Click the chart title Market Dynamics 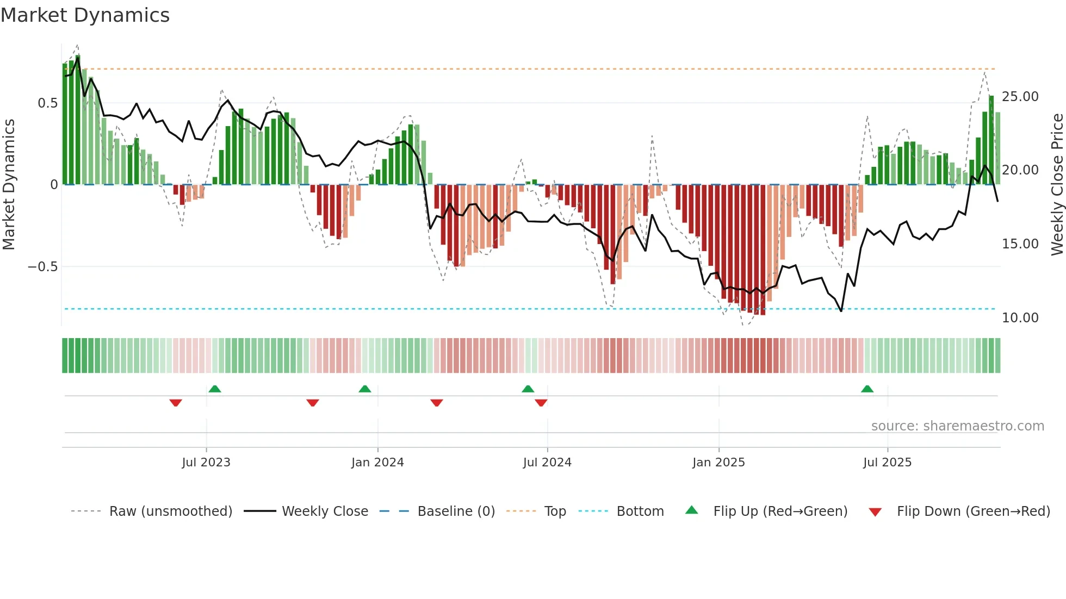(x=85, y=15)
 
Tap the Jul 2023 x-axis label (x=206, y=463)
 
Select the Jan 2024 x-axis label (x=377, y=463)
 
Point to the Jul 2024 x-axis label (x=547, y=463)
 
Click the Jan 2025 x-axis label (x=718, y=463)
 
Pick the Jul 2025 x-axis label (x=887, y=463)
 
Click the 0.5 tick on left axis (x=47, y=103)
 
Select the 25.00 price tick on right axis (x=1020, y=97)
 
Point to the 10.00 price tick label (x=1020, y=318)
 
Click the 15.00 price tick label (x=1020, y=244)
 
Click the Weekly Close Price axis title (x=1057, y=184)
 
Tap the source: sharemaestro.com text (x=957, y=426)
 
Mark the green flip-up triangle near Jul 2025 (x=867, y=389)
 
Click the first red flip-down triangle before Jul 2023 (x=175, y=403)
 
